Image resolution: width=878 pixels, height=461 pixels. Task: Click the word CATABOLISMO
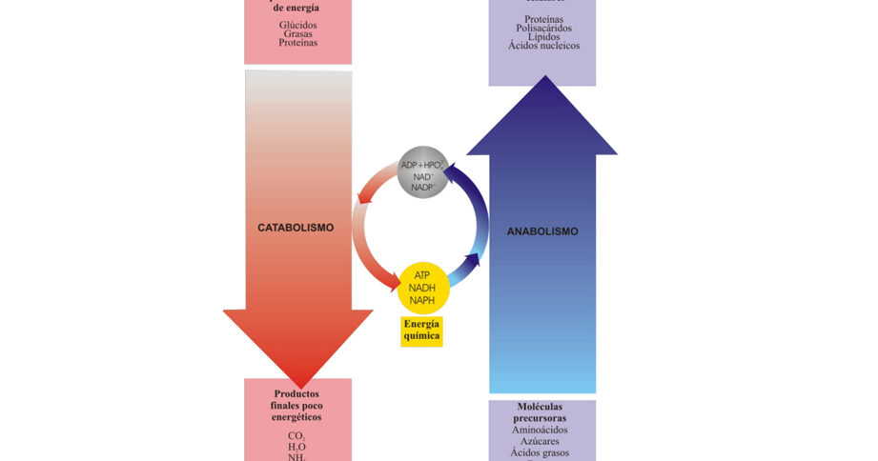pyautogui.click(x=296, y=228)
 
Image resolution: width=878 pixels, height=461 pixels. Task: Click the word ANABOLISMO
pyautogui.click(x=542, y=231)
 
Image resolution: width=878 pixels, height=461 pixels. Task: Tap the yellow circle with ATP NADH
pyautogui.click(x=422, y=287)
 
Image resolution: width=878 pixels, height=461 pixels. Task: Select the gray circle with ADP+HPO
pyautogui.click(x=422, y=172)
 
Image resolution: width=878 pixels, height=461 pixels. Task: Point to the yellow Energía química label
pyautogui.click(x=421, y=330)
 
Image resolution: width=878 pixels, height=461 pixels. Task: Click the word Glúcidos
pyautogui.click(x=298, y=25)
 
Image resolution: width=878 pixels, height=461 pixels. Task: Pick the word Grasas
pyautogui.click(x=298, y=34)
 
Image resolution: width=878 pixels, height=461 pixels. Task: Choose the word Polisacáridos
pyautogui.click(x=543, y=29)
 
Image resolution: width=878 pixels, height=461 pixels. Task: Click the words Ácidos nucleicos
pyautogui.click(x=544, y=46)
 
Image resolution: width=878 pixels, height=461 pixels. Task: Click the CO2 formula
pyautogui.click(x=297, y=436)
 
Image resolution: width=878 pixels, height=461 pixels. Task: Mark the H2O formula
pyautogui.click(x=297, y=447)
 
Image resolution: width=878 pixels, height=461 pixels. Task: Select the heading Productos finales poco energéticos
pyautogui.click(x=297, y=405)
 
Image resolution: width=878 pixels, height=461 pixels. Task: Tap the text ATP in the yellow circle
pyautogui.click(x=422, y=276)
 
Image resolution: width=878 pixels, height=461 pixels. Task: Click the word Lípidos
pyautogui.click(x=543, y=37)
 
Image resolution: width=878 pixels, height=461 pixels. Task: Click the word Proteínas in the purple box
pyautogui.click(x=543, y=19)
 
